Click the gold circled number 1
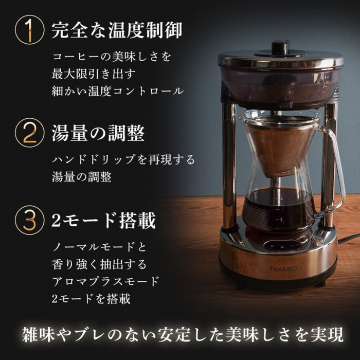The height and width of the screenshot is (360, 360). coord(29,30)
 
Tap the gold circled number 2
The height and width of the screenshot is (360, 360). coord(29,133)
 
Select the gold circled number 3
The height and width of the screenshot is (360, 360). coord(29,220)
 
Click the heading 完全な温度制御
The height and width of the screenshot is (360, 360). coord(117,30)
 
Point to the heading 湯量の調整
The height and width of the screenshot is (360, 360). coord(98,133)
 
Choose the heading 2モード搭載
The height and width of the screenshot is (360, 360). coord(103,220)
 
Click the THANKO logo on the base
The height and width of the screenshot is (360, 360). coord(283,269)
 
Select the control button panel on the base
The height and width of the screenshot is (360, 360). coord(282,245)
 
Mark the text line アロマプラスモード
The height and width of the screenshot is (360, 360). coord(105,281)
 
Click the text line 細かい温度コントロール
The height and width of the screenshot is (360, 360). coord(118,91)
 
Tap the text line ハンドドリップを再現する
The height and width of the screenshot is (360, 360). coord(123,159)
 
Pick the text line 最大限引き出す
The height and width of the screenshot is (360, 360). coord(94,74)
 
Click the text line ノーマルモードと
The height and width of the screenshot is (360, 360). coord(99,247)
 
